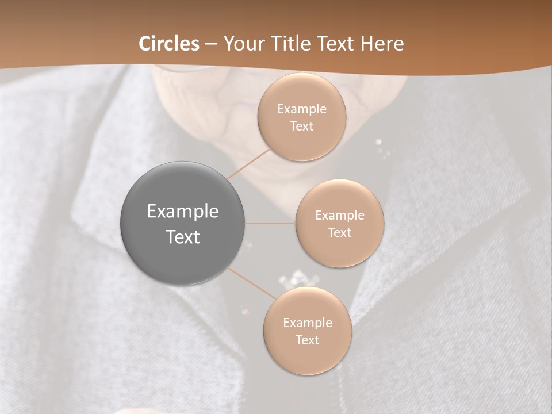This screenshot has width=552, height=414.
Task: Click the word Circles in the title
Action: (x=169, y=44)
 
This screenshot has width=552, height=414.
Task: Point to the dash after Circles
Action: (x=211, y=44)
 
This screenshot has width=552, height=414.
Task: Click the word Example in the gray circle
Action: (x=183, y=211)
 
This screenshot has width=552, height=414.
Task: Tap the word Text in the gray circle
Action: (x=183, y=236)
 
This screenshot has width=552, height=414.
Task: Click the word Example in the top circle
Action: (x=302, y=109)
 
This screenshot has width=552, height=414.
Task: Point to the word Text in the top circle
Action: (x=302, y=126)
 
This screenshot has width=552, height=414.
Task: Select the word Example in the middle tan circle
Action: (x=340, y=215)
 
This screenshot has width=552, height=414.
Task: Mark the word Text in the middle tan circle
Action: (x=340, y=232)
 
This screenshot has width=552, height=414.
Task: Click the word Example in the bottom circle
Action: (x=307, y=323)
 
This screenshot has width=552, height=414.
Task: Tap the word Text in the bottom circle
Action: (x=307, y=340)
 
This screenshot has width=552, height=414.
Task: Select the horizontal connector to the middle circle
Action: (x=270, y=223)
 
